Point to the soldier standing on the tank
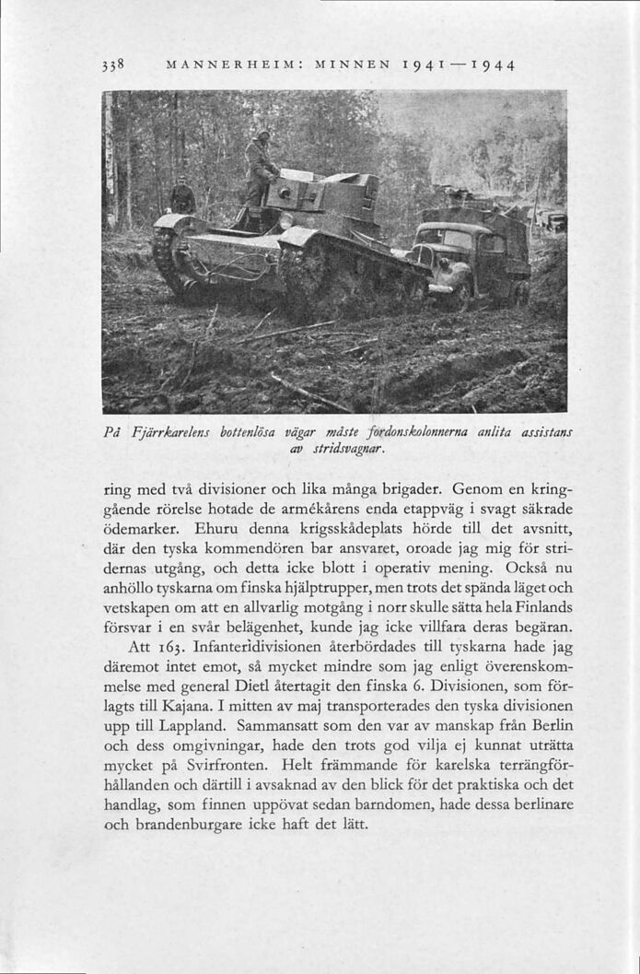tap(259, 170)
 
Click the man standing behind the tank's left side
tap(182, 195)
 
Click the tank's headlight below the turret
tap(286, 220)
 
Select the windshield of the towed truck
tap(446, 239)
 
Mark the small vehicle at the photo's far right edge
tap(554, 221)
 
